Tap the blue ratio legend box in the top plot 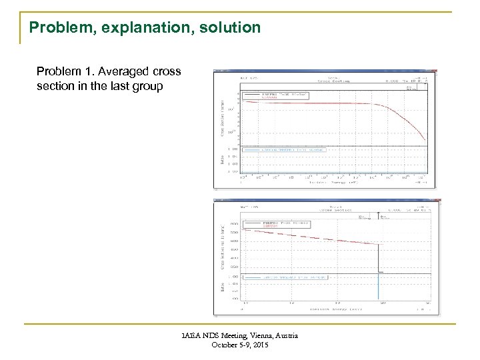[x=283, y=151]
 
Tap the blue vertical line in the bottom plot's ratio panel [x=379, y=287]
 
